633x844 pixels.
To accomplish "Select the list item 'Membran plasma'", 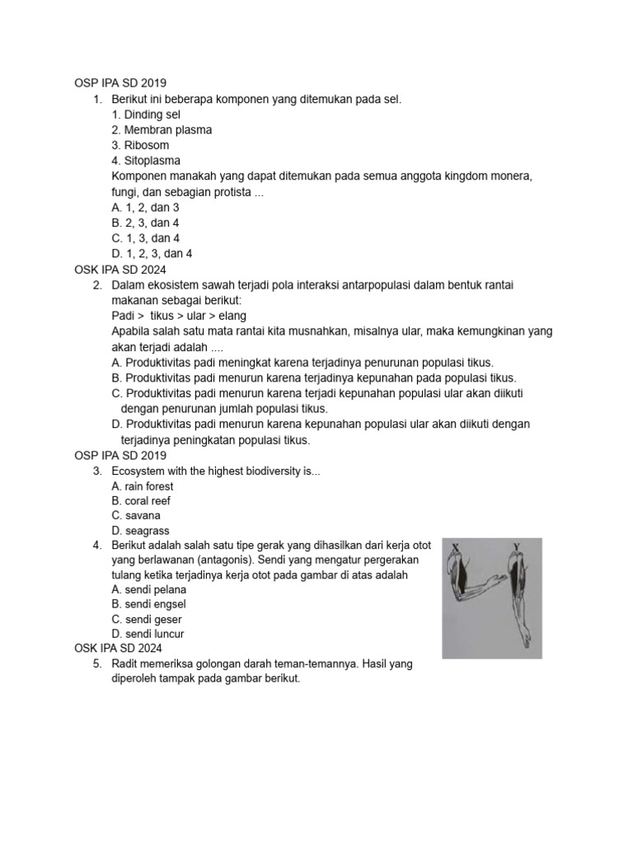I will pos(161,130).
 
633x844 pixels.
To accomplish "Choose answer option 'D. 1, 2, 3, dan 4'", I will pos(152,254).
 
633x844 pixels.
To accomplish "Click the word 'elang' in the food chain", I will pos(232,316).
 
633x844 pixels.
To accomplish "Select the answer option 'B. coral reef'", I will pos(141,501).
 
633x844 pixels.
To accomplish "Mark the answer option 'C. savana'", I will pos(136,516).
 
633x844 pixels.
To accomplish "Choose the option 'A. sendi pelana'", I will pos(148,590).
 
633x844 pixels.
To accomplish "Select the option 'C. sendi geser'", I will pos(146,620).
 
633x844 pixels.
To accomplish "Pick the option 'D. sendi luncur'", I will pos(148,635).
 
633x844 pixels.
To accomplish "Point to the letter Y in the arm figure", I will pos(517,546).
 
